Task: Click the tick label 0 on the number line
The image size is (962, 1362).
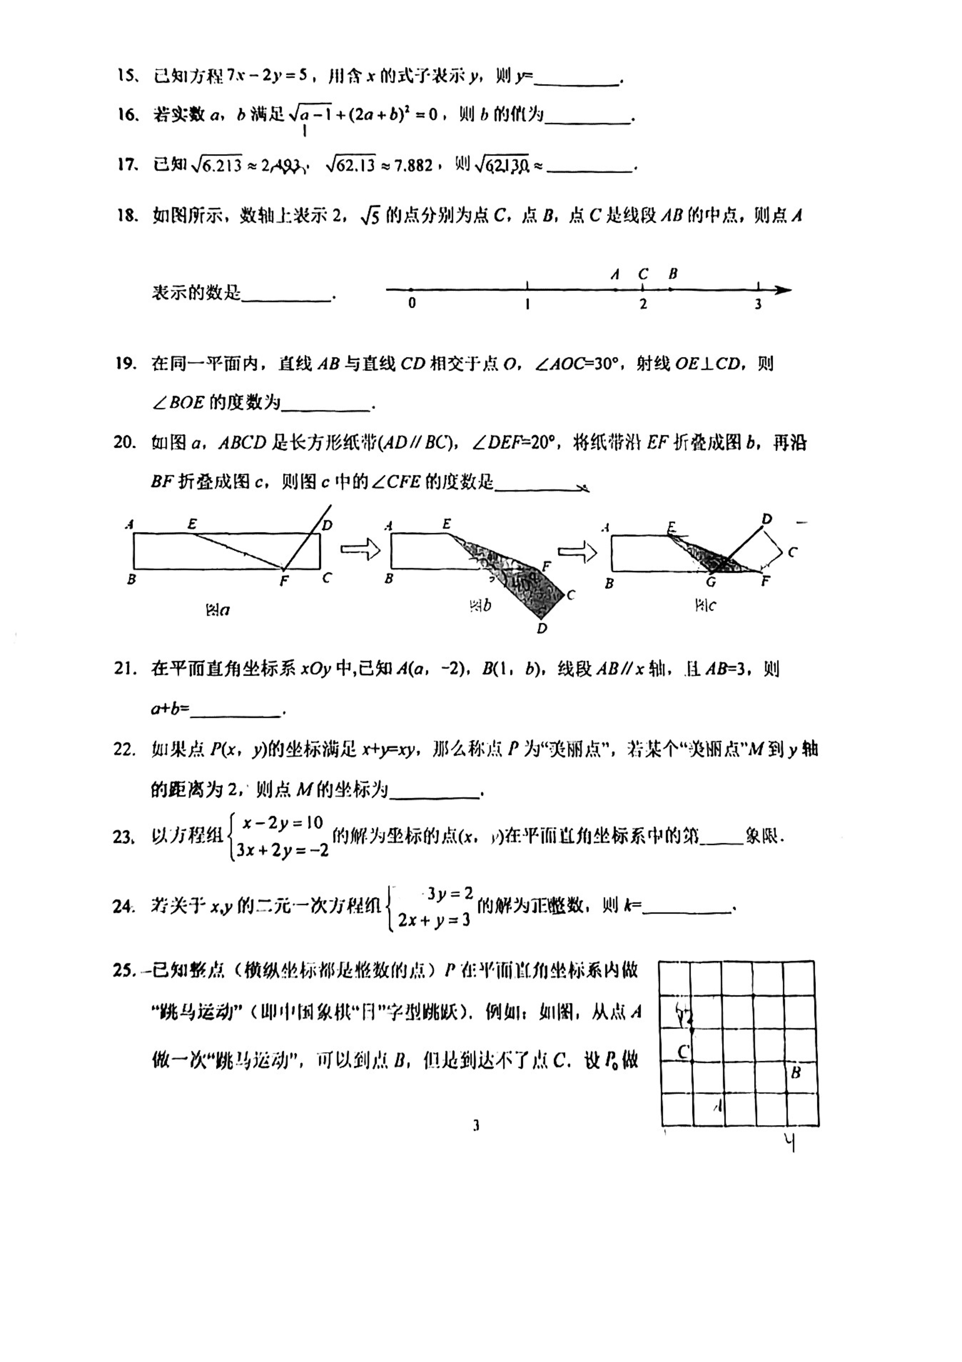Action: point(412,304)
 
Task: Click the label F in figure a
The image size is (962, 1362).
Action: point(283,582)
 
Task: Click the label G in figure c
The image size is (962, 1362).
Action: point(711,582)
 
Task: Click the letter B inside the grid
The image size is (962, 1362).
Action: point(796,1073)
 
